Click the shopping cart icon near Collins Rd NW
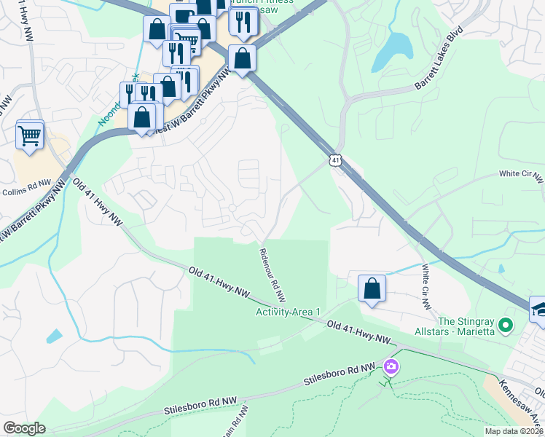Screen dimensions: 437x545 pyautogui.click(x=29, y=135)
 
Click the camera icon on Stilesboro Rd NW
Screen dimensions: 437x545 pyautogui.click(x=392, y=366)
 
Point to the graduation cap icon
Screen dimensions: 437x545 pyautogui.click(x=540, y=309)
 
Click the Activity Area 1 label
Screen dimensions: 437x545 pyautogui.click(x=288, y=312)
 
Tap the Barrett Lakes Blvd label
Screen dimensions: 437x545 pyautogui.click(x=439, y=56)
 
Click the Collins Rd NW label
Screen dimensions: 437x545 pyautogui.click(x=26, y=192)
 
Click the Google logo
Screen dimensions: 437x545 pyautogui.click(x=24, y=428)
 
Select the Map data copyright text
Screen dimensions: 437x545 pyautogui.click(x=514, y=431)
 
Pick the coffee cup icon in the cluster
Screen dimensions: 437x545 pyautogui.click(x=183, y=15)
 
